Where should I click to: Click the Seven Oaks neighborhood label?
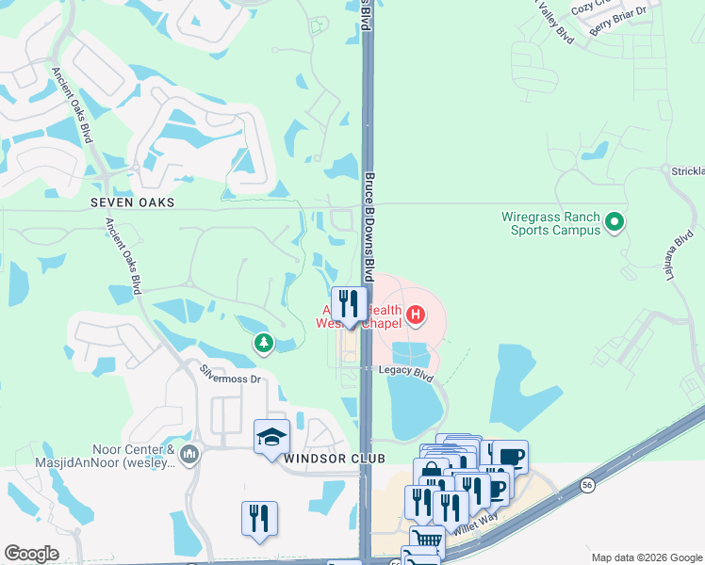coord(135,202)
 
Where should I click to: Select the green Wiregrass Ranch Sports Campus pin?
coord(615,223)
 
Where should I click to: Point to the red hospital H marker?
coord(415,312)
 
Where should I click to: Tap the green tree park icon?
coord(264,344)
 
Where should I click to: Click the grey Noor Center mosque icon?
coord(189,456)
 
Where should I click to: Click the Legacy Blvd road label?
coord(405,374)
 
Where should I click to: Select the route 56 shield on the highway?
coord(587,484)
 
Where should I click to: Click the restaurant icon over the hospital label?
coord(350,303)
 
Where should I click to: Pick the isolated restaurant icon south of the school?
coord(259,518)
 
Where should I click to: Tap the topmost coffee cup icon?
coord(510,457)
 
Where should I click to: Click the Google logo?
coord(31,554)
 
